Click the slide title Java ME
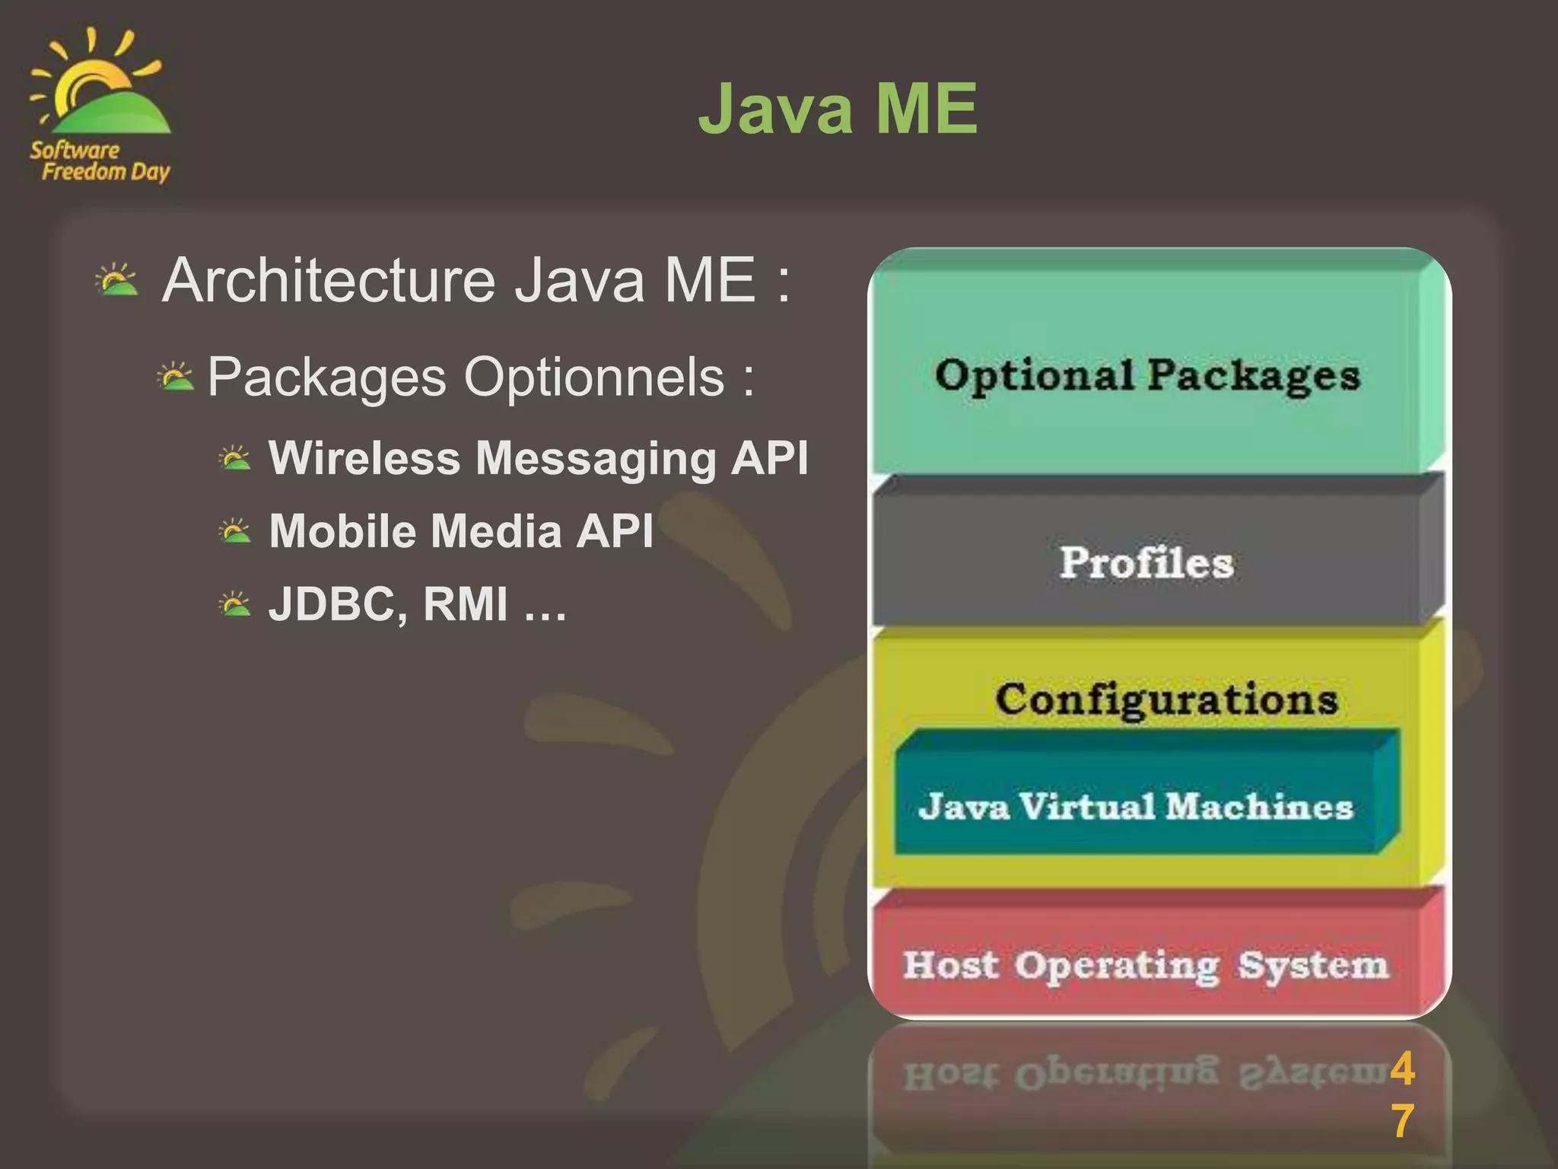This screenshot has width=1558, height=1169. [x=838, y=110]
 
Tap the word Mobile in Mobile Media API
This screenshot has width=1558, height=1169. [x=339, y=530]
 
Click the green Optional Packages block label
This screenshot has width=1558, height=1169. [x=1147, y=376]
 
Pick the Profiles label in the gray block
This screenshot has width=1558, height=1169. [x=1146, y=562]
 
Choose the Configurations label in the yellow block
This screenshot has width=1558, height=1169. [x=1165, y=699]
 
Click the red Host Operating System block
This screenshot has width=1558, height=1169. [x=1146, y=965]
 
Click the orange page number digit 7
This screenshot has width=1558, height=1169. [x=1403, y=1121]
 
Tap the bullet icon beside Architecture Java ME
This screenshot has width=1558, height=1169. [x=116, y=280]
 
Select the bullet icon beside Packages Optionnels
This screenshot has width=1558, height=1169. [x=176, y=377]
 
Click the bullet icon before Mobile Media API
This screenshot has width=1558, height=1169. [x=234, y=531]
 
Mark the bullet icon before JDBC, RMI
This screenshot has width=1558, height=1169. [x=234, y=604]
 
